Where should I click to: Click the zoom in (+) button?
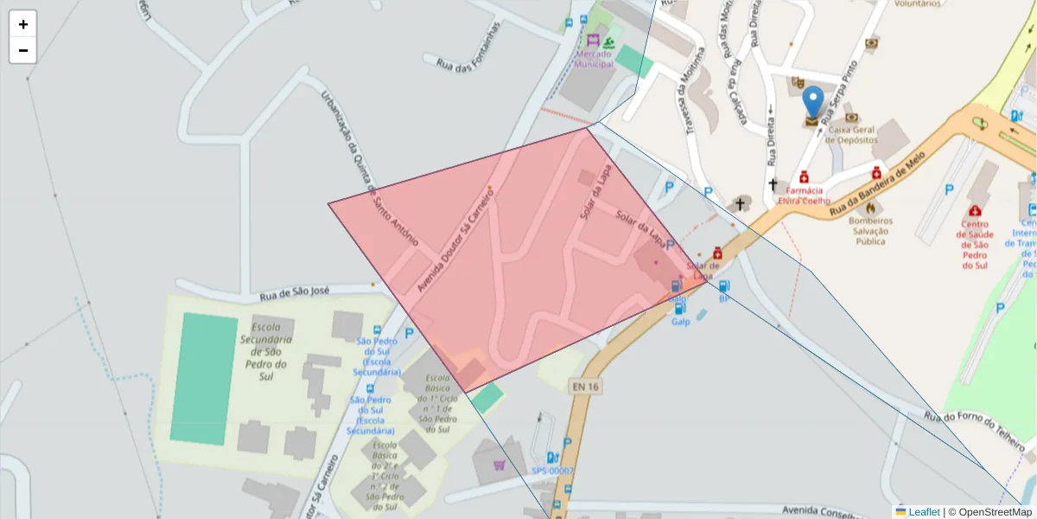point(23,24)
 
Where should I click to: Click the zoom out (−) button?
point(23,50)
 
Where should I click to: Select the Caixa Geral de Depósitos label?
point(851,134)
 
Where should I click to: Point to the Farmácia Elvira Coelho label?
point(804,195)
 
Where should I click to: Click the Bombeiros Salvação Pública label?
point(870,231)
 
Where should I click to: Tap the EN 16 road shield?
point(584,386)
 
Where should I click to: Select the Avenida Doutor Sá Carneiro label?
point(455,241)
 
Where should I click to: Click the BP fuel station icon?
point(724,286)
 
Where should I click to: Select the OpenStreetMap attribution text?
point(989,512)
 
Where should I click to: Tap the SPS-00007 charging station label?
point(552,471)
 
